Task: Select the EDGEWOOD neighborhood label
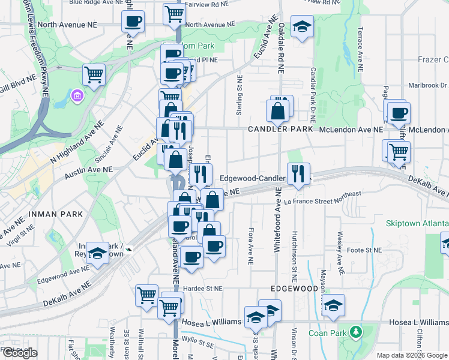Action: click(x=294, y=289)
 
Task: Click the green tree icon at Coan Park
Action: click(x=356, y=332)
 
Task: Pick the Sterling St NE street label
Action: click(x=240, y=95)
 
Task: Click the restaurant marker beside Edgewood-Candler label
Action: click(x=298, y=173)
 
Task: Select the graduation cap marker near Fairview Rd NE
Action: click(x=302, y=26)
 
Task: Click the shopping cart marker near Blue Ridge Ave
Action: click(x=173, y=13)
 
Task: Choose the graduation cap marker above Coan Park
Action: click(x=333, y=305)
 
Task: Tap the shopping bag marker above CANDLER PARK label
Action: click(x=277, y=110)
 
